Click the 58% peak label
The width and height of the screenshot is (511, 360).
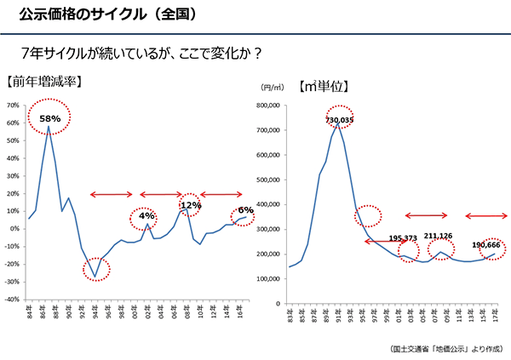(x=49, y=118)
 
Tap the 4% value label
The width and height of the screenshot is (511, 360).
(x=146, y=216)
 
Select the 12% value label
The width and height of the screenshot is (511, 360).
(x=190, y=205)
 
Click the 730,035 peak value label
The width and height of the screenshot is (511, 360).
(x=338, y=120)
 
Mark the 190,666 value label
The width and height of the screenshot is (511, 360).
(x=486, y=245)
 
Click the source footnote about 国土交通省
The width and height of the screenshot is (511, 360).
(x=447, y=349)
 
